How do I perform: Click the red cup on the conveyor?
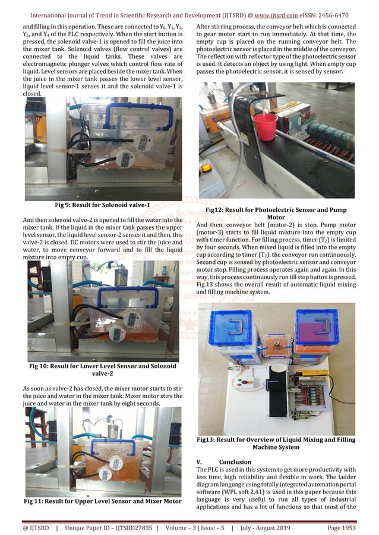pos(264,126)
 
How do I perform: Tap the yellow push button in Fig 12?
pos(206,168)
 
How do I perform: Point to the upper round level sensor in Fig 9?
pos(144,141)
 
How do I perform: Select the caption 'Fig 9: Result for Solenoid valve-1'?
pos(102,205)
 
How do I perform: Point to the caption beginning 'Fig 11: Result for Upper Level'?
pos(102,502)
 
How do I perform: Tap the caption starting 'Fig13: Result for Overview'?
pos(276,443)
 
